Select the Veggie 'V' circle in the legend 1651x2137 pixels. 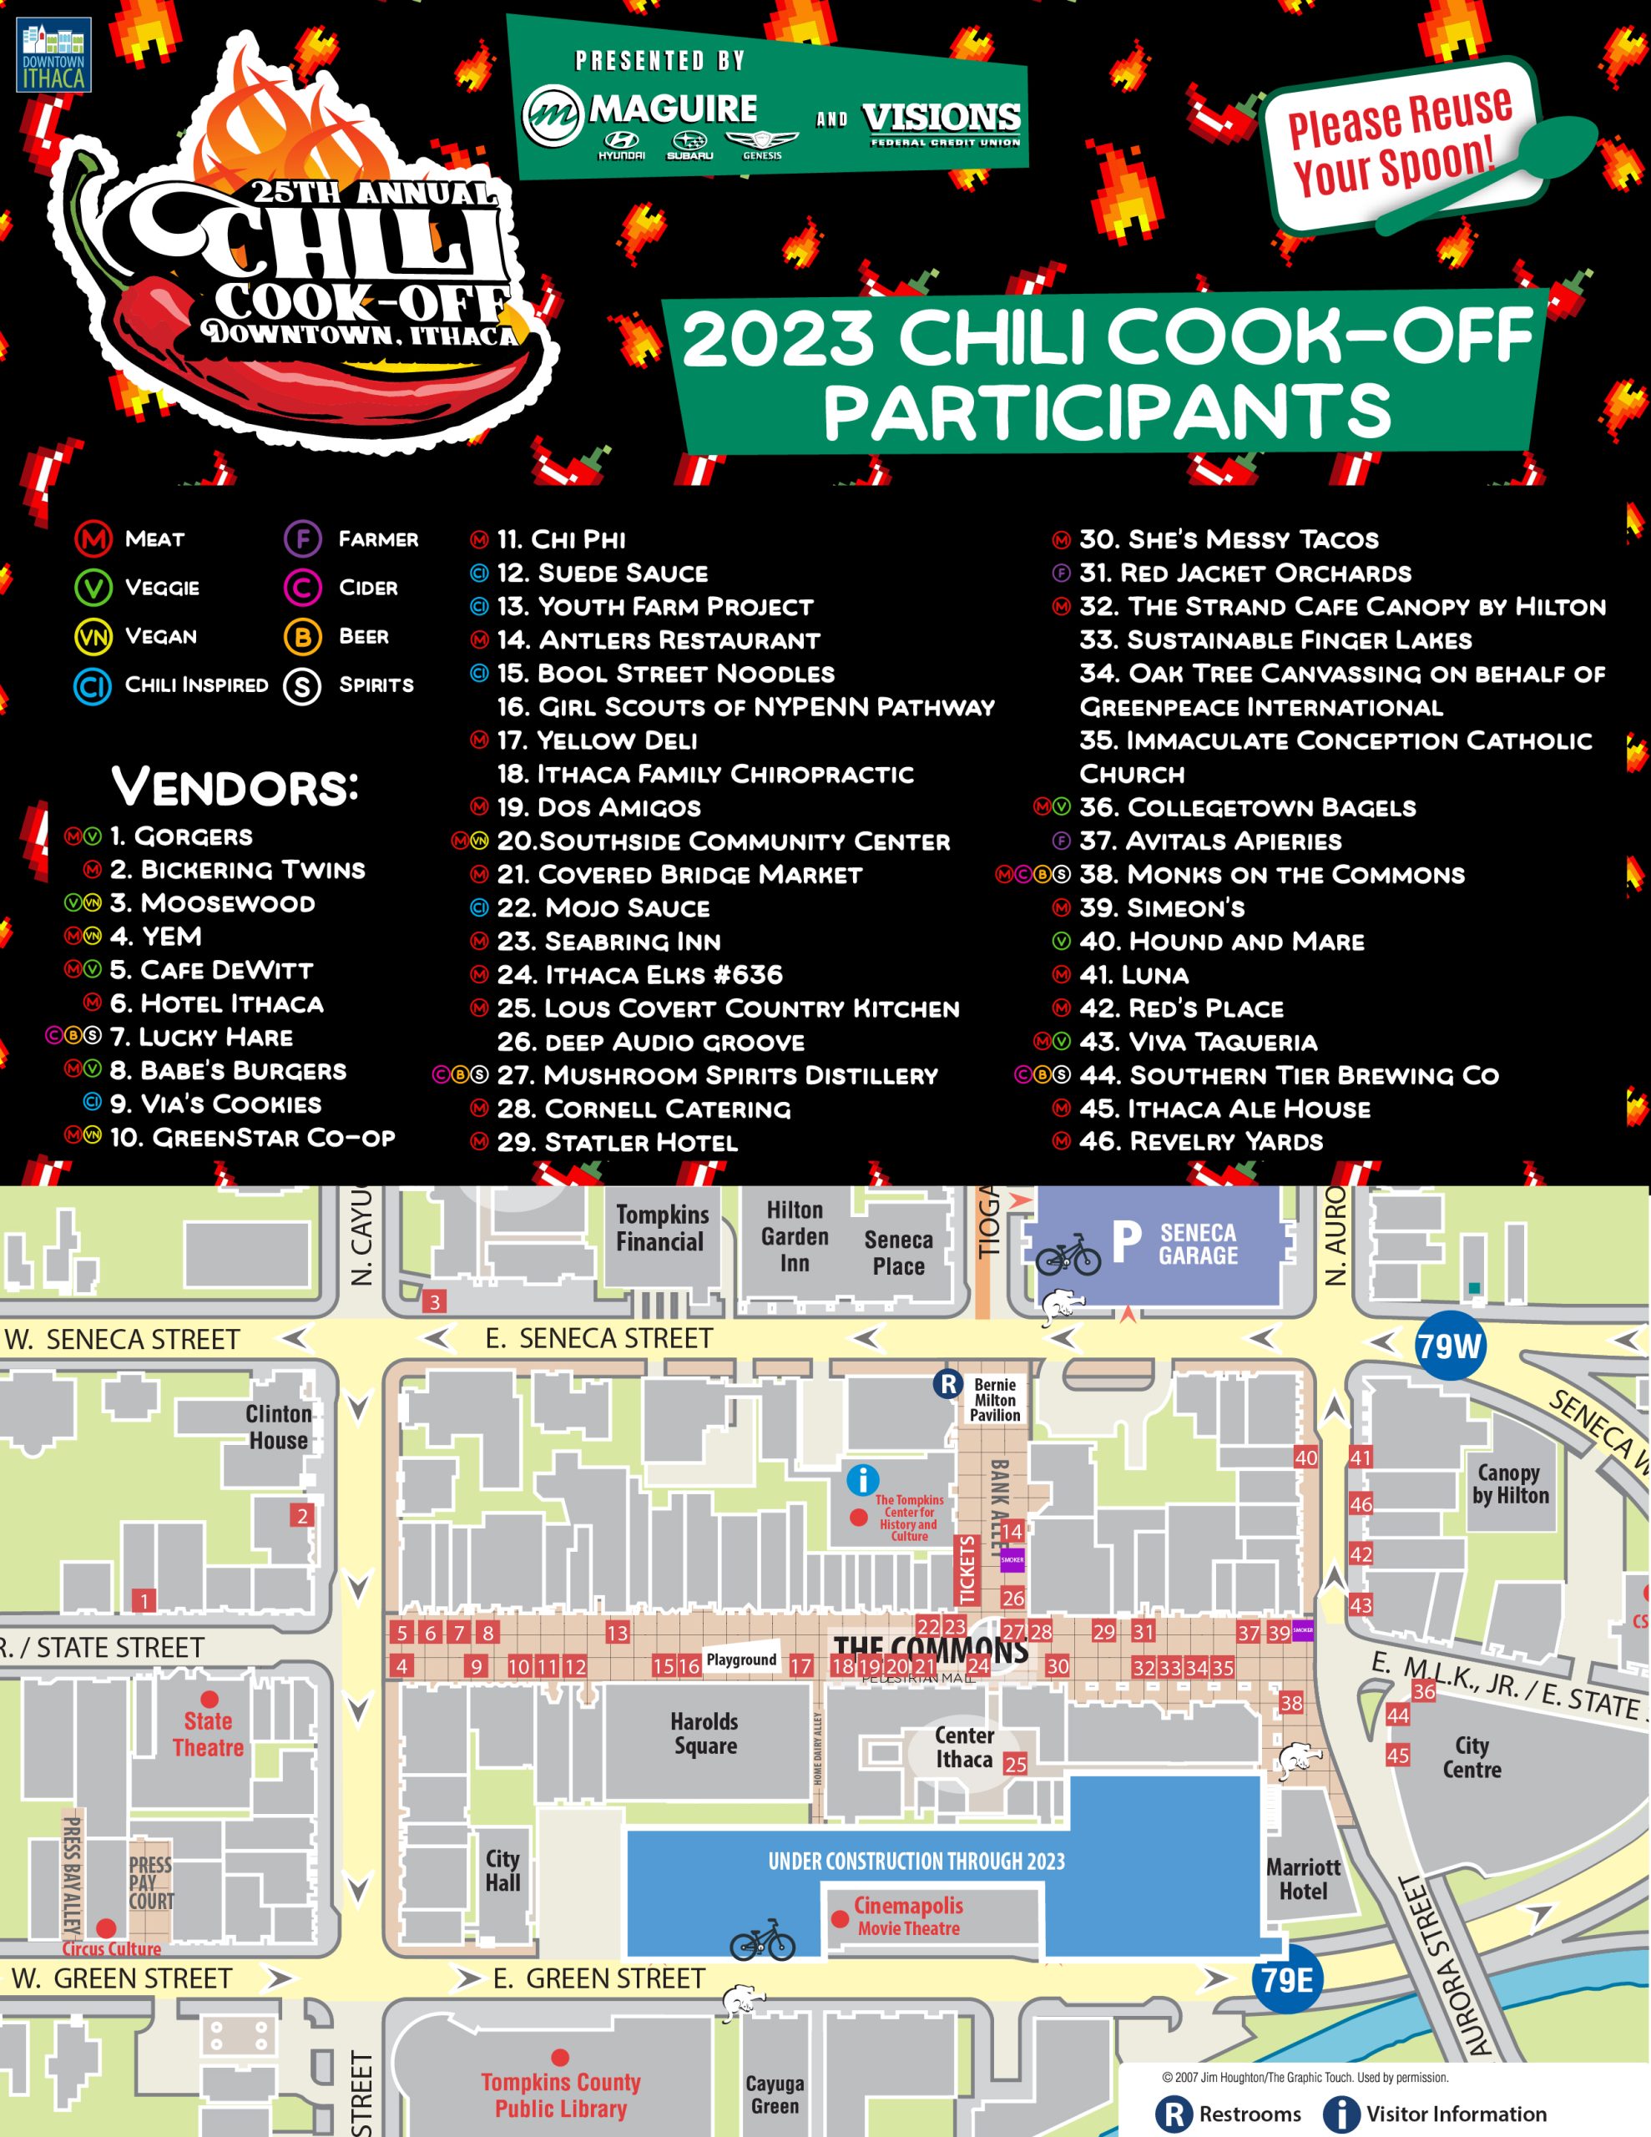(93, 587)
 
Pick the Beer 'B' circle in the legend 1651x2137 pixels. (302, 637)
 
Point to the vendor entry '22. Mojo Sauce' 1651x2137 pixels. (603, 908)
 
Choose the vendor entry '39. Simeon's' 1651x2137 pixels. (1162, 908)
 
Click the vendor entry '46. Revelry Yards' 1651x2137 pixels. (1201, 1141)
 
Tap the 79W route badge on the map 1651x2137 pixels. (1449, 1346)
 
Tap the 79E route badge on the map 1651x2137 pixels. (1287, 1979)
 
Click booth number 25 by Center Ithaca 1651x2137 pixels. (1015, 1764)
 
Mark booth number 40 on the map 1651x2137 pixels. (1305, 1457)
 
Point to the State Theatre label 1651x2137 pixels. (209, 1734)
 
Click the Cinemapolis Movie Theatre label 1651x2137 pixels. (908, 1917)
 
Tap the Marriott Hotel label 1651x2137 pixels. (1304, 1879)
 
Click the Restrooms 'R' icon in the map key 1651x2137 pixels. (1174, 2114)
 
